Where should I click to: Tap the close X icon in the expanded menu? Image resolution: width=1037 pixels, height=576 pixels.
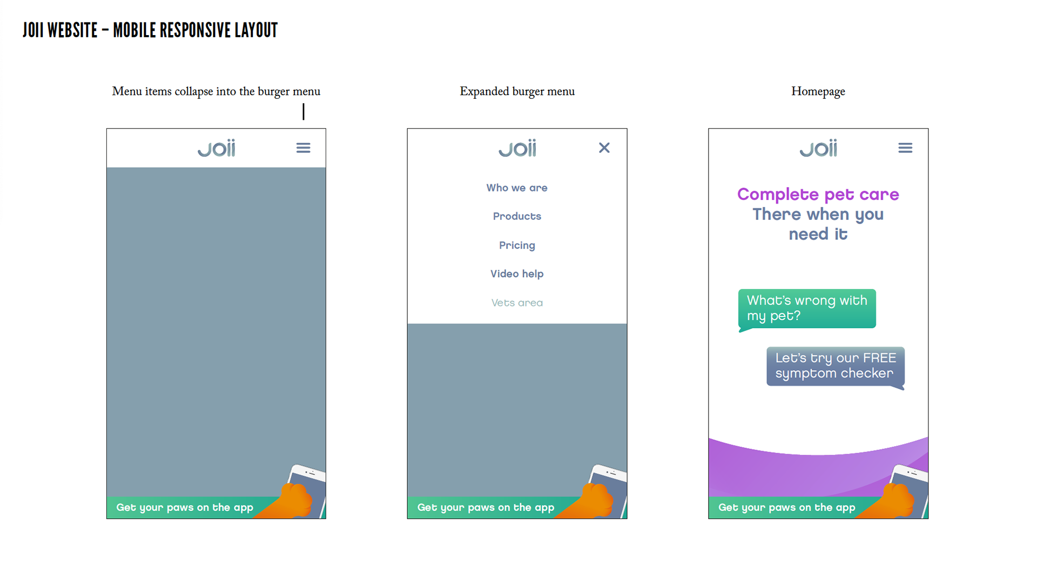coord(604,148)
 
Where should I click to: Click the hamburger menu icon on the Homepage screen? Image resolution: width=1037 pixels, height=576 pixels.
coord(905,148)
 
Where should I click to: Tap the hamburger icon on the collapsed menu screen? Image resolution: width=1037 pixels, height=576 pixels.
coord(303,148)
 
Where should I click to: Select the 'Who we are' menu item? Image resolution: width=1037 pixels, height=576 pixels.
coord(517,188)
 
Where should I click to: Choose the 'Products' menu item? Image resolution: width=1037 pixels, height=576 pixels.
coord(517,216)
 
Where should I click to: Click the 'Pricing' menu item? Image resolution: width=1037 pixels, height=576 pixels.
coord(517,245)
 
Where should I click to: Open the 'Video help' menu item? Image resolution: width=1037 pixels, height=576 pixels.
coord(517,274)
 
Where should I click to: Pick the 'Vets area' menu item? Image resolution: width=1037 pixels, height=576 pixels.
coord(517,303)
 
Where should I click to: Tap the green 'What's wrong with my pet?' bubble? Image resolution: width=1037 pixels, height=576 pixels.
coord(807,308)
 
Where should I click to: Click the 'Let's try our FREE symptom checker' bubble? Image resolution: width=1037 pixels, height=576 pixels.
coord(835,366)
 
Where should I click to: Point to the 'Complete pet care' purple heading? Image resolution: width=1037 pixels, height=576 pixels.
coord(818,195)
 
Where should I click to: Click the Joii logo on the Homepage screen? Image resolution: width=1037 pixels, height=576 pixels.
coord(818,148)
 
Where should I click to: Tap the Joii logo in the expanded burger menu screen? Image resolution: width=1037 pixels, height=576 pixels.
coord(517,148)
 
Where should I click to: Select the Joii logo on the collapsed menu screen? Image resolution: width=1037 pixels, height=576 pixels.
coord(216,148)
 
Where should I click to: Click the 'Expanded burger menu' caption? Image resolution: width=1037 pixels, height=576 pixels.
coord(517,91)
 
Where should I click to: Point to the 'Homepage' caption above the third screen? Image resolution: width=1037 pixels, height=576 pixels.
coord(818,91)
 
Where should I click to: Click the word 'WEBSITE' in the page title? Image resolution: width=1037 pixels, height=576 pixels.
coord(72,30)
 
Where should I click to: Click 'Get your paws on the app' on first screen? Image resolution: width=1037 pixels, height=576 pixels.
coord(185,507)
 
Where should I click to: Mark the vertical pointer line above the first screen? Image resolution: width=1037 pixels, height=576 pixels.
coord(304,112)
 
